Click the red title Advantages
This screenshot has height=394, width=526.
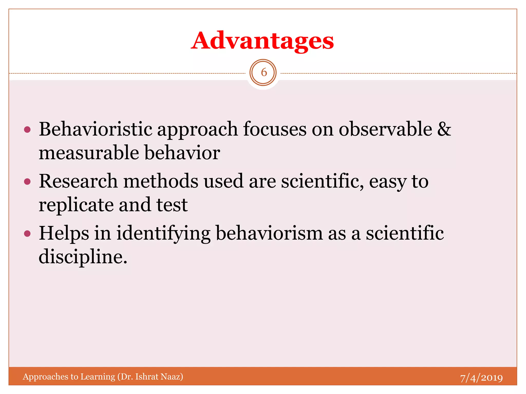(x=262, y=41)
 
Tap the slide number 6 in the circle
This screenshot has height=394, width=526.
(x=263, y=73)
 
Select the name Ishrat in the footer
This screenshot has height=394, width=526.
(x=147, y=376)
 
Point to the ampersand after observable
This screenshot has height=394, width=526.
(x=444, y=129)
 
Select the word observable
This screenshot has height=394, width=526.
(x=385, y=129)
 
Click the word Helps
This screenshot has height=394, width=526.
(x=64, y=233)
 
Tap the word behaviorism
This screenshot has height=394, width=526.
(x=269, y=233)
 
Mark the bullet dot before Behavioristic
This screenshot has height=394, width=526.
(x=27, y=130)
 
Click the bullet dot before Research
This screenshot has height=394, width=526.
(x=27, y=182)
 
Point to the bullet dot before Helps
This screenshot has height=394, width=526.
(x=27, y=234)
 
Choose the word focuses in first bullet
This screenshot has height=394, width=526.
(x=275, y=129)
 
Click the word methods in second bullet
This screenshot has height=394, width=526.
(x=161, y=181)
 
